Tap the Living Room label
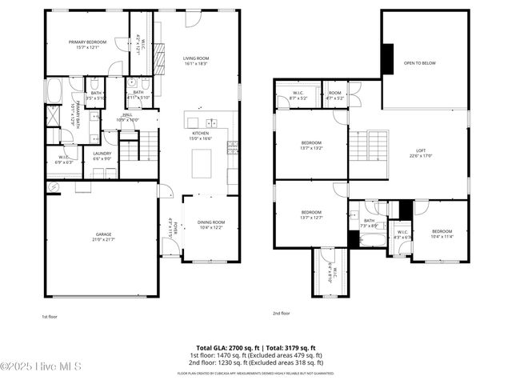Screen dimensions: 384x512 coord(195,60)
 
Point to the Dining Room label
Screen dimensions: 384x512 coord(211,225)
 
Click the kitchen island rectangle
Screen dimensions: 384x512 coord(201,163)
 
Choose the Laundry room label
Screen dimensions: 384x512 coord(102,155)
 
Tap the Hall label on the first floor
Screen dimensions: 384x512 coord(127,117)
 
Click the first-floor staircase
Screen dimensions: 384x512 coord(149,145)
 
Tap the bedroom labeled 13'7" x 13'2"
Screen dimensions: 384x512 coord(311,145)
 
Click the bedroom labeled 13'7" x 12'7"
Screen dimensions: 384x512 coord(311,214)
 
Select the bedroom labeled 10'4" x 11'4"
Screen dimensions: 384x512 coord(442,234)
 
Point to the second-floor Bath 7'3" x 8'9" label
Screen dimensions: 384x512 coord(369,223)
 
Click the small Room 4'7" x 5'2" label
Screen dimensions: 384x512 coord(334,95)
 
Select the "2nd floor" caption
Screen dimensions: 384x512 coord(281,313)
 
